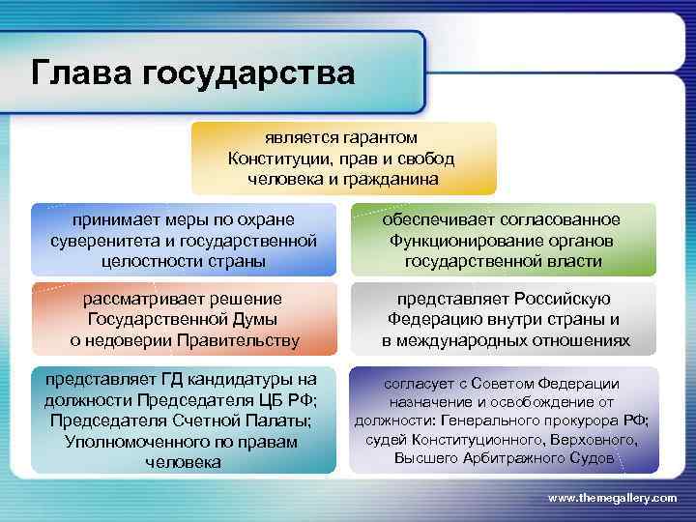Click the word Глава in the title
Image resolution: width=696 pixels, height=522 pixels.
pyautogui.click(x=80, y=72)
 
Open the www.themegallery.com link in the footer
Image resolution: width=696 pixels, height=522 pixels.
pyautogui.click(x=612, y=497)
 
